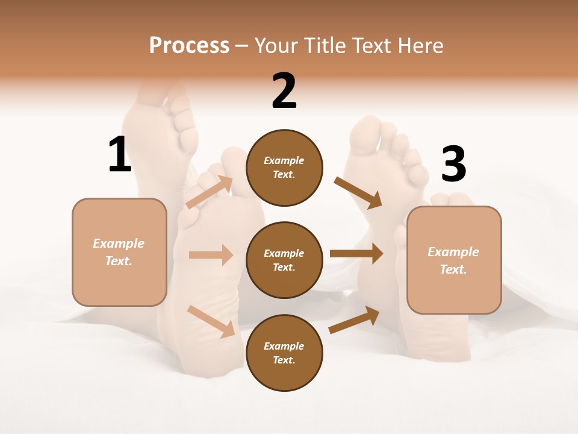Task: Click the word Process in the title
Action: tap(189, 45)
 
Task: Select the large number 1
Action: tap(119, 154)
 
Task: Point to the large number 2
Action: tap(284, 91)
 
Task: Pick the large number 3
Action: tap(454, 164)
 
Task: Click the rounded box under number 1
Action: tap(119, 252)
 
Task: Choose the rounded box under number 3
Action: tap(454, 260)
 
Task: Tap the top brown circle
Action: tap(284, 168)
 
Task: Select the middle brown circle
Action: tap(284, 260)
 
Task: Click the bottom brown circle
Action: tap(284, 353)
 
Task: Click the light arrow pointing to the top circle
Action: tap(210, 192)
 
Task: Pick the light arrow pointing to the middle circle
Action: tap(211, 255)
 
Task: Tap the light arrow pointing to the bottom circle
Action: tap(211, 321)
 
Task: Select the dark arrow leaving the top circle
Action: tap(358, 192)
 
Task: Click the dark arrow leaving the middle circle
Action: tap(356, 253)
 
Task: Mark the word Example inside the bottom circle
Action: tap(284, 346)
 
